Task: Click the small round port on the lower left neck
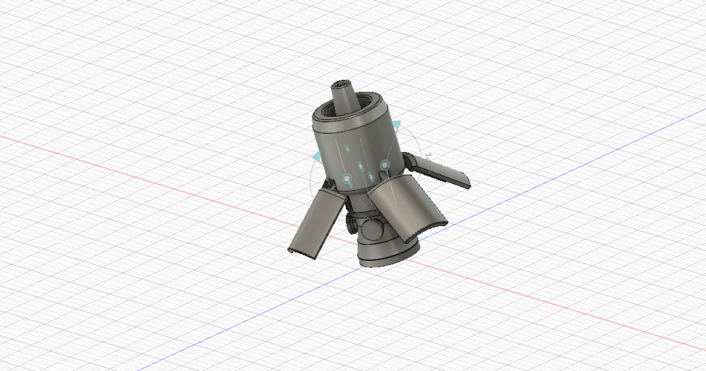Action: (351, 223)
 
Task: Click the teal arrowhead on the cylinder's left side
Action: (318, 156)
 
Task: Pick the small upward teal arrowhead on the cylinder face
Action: (347, 148)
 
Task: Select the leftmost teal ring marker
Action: (347, 177)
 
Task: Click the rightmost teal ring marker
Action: (385, 164)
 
